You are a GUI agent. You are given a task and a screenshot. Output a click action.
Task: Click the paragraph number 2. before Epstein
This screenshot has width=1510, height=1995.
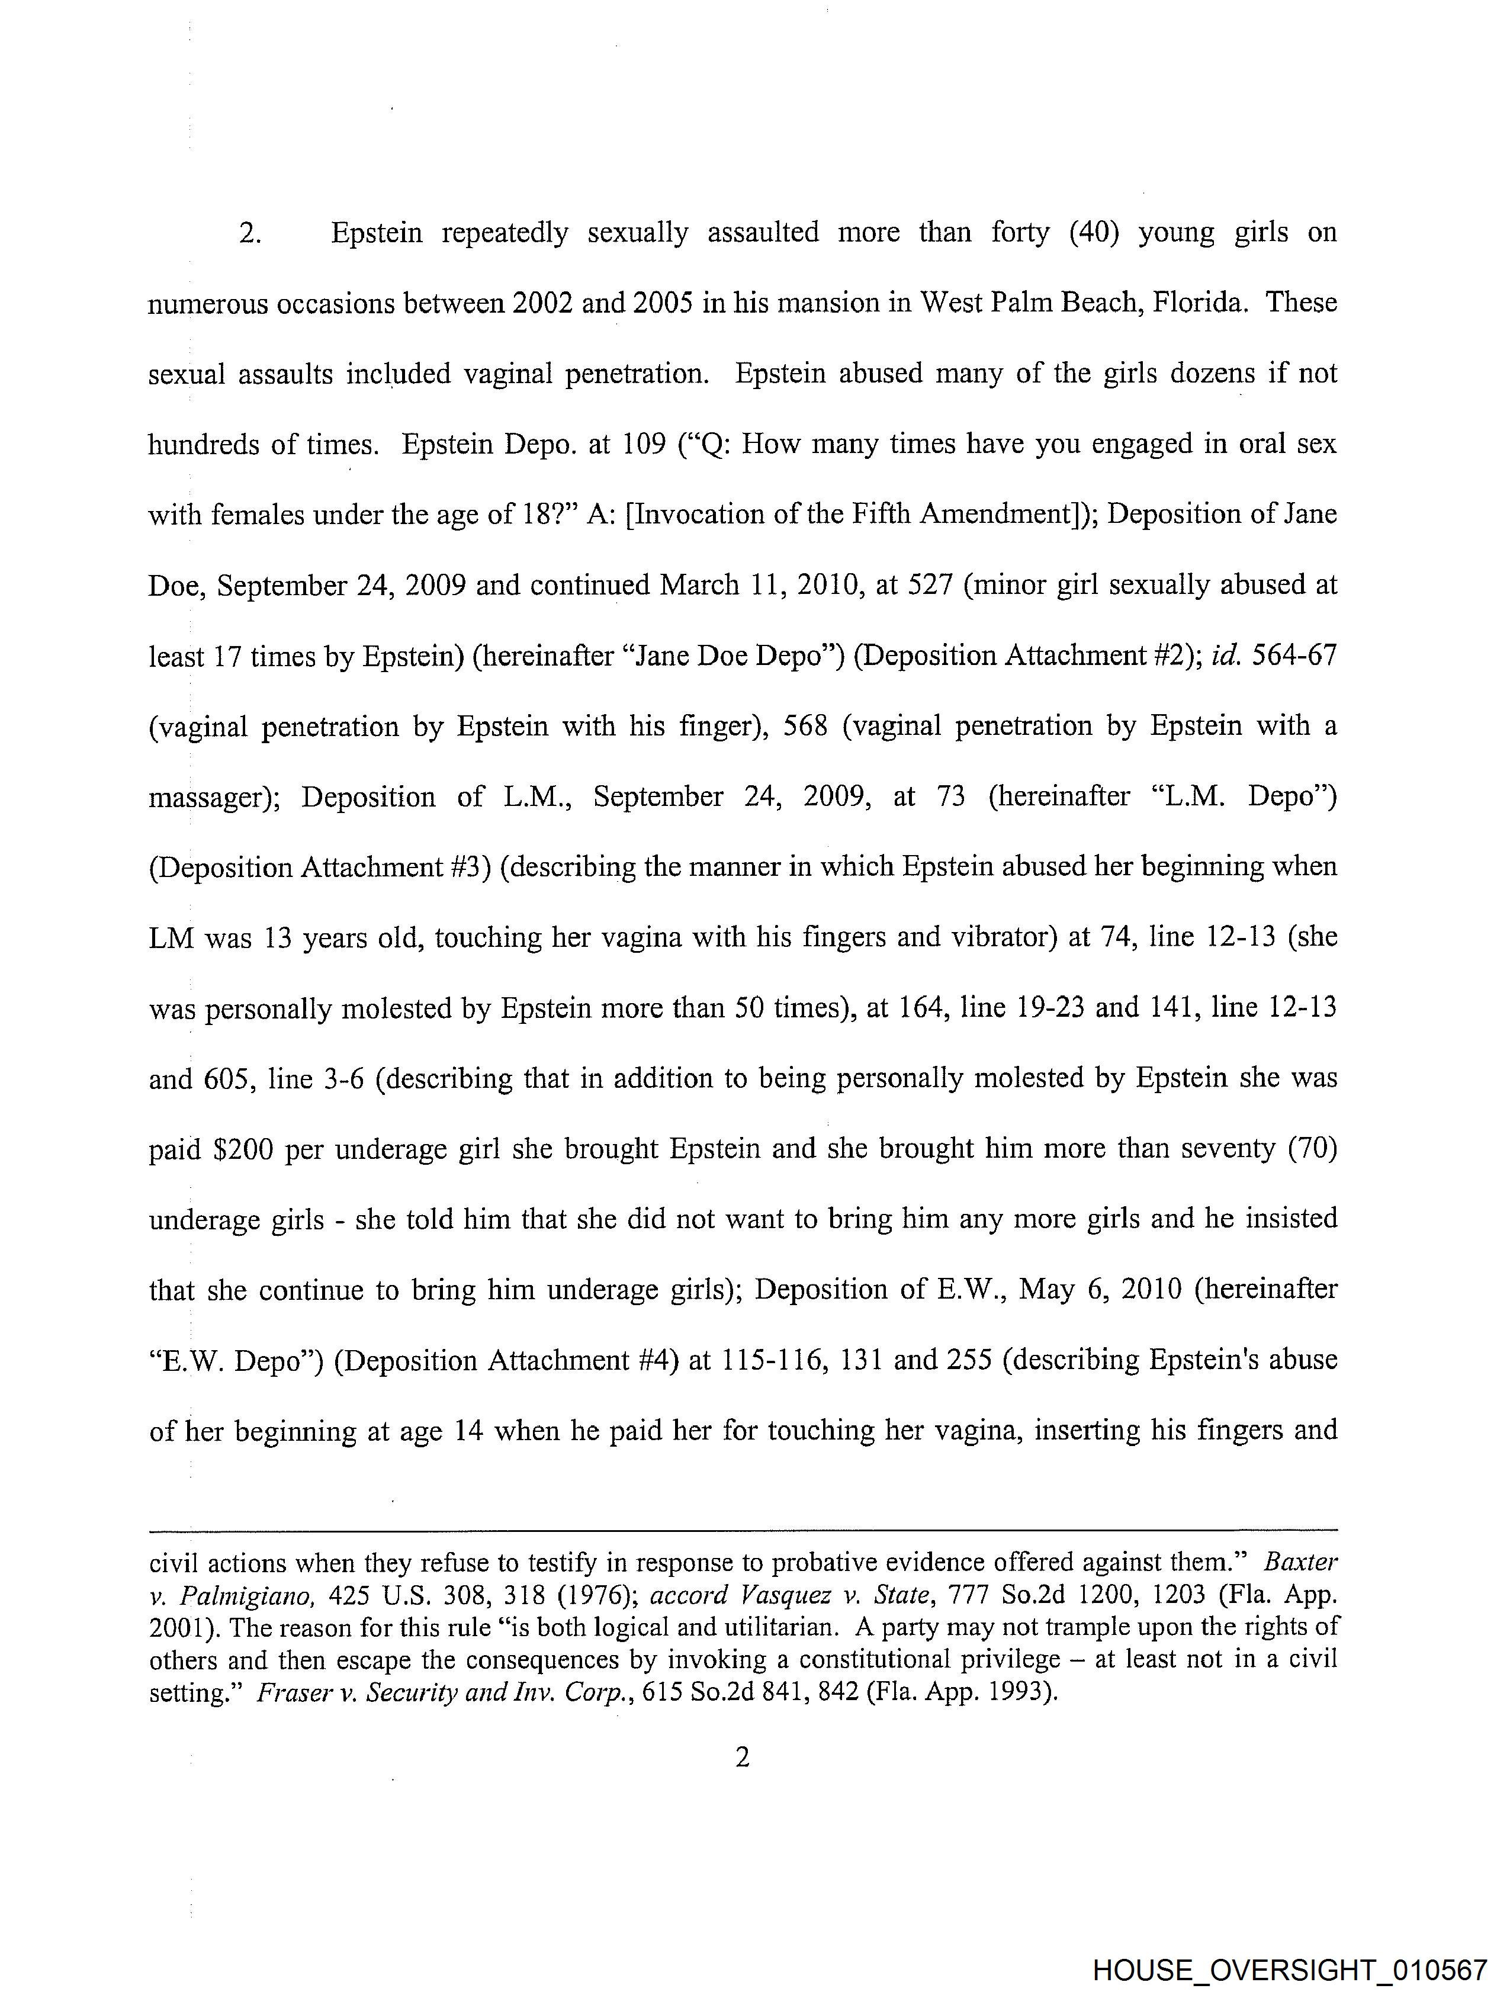(250, 233)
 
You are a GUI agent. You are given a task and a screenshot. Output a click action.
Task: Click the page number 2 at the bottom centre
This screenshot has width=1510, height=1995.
(743, 1757)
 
